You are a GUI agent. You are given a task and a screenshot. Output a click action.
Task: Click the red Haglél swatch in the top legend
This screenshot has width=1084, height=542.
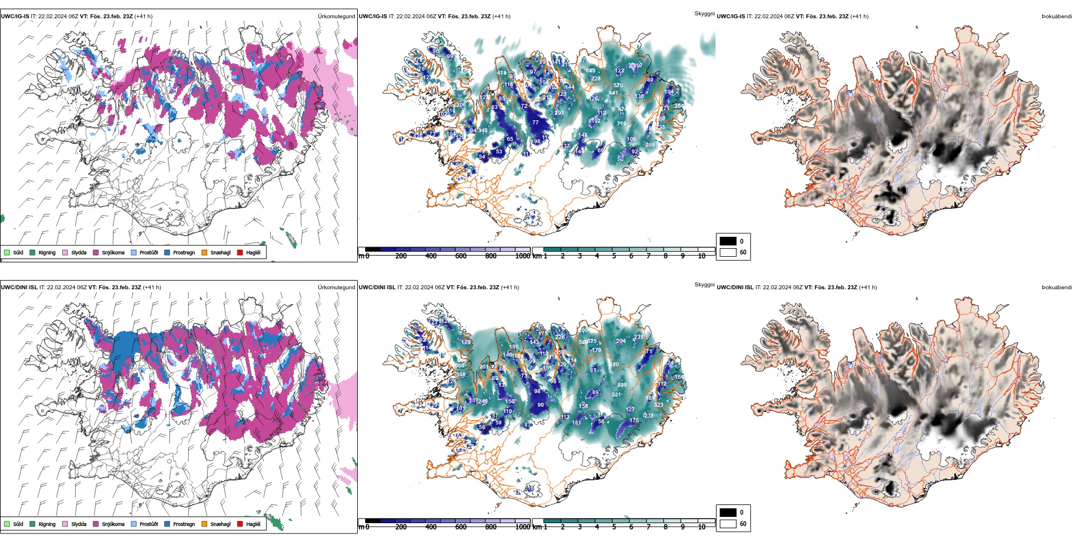click(240, 252)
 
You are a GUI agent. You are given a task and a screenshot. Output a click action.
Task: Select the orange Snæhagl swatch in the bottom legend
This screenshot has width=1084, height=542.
click(204, 524)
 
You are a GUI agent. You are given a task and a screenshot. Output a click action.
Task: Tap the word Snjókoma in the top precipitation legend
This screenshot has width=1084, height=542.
click(113, 253)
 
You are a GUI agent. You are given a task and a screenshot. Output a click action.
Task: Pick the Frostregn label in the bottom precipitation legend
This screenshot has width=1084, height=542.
click(184, 524)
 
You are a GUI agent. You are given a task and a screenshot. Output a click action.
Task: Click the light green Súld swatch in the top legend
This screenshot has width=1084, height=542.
click(7, 252)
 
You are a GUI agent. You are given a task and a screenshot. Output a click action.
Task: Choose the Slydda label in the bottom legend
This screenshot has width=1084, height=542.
click(79, 524)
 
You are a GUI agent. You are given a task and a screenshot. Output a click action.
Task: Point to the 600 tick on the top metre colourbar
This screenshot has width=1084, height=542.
click(460, 256)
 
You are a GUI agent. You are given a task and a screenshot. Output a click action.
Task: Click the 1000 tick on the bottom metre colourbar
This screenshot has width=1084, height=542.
click(523, 527)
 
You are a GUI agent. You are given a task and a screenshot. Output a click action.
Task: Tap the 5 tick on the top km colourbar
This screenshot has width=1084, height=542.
click(614, 256)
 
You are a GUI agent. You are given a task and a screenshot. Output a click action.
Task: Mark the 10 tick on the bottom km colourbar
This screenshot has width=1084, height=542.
click(702, 527)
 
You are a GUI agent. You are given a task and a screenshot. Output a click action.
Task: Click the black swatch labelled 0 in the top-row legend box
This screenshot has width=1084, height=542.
click(728, 241)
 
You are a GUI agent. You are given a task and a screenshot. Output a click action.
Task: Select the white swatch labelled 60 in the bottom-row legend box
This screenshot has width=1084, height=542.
click(728, 524)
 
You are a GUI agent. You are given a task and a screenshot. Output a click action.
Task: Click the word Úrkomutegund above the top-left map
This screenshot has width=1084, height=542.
click(336, 17)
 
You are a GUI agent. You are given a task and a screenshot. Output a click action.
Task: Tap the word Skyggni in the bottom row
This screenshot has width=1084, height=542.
click(704, 284)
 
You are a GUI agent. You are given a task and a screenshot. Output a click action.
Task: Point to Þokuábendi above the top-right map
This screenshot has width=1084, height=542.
click(1057, 17)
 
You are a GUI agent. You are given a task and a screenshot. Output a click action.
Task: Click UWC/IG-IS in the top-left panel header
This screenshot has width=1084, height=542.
click(15, 17)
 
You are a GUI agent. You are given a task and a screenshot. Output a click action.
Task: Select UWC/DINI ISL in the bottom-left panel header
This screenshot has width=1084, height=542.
click(19, 288)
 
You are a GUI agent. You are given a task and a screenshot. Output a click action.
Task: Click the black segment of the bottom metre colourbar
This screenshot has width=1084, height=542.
click(373, 520)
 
